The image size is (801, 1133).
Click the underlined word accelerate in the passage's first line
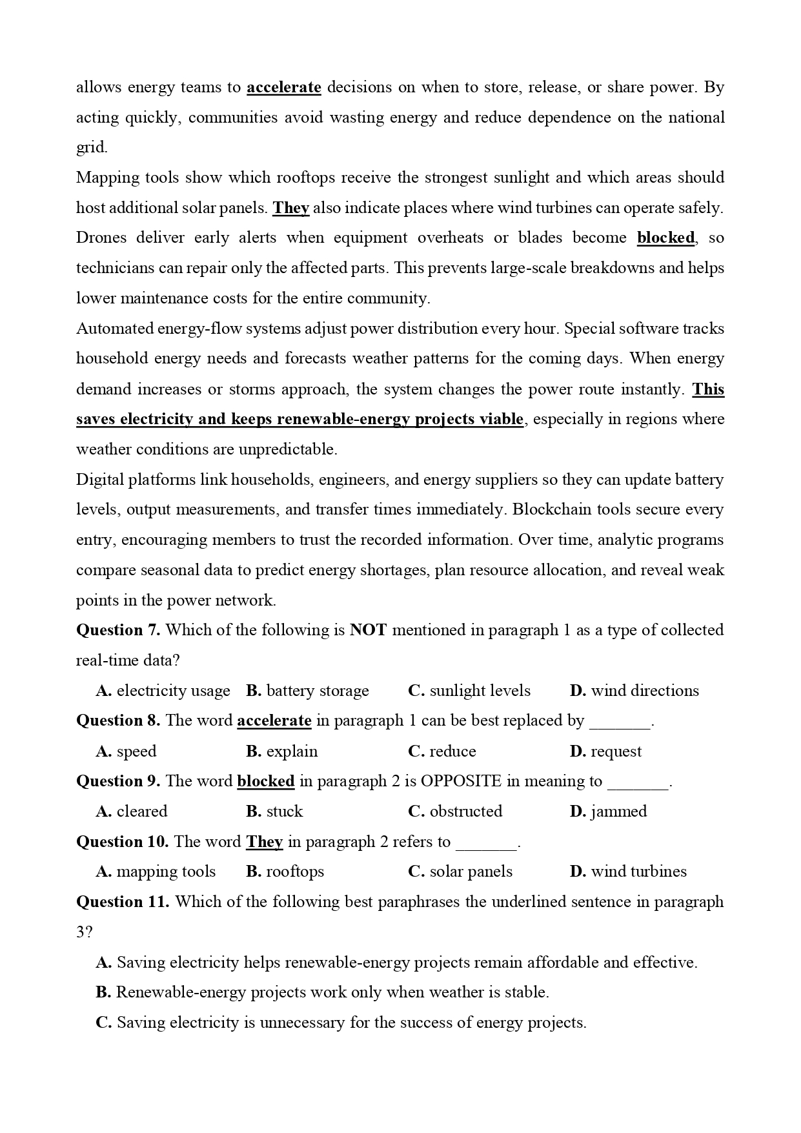pyautogui.click(x=283, y=87)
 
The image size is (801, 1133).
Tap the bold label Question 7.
pyautogui.click(x=118, y=630)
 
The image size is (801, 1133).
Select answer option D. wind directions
pyautogui.click(x=634, y=691)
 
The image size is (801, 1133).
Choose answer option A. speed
pyautogui.click(x=127, y=751)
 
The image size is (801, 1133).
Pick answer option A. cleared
pyautogui.click(x=132, y=811)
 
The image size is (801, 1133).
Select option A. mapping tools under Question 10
pyautogui.click(x=156, y=872)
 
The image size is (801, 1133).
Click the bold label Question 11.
pyautogui.click(x=123, y=902)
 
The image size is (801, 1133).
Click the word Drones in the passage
pyautogui.click(x=101, y=238)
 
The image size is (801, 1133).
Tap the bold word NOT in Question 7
pyautogui.click(x=368, y=630)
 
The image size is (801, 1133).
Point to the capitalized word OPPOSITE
pyautogui.click(x=461, y=781)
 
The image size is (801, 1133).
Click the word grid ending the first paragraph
pyautogui.click(x=91, y=148)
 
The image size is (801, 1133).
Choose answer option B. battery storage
pyautogui.click(x=307, y=691)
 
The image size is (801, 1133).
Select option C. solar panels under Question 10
pyautogui.click(x=460, y=872)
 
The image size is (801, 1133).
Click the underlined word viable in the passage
pyautogui.click(x=501, y=419)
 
